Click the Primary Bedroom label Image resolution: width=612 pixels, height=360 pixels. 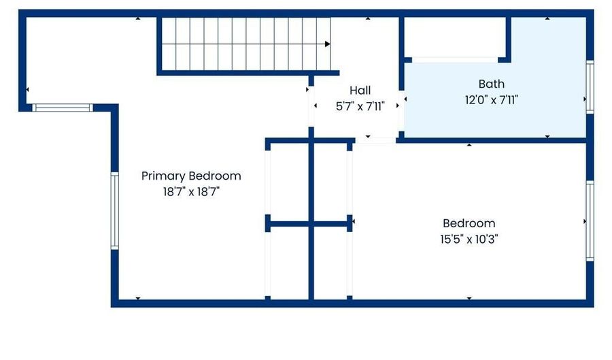tap(191, 176)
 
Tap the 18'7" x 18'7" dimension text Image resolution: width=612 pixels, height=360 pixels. tap(191, 192)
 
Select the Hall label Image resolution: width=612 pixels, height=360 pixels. tap(360, 91)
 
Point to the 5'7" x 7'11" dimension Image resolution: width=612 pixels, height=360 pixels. tap(360, 106)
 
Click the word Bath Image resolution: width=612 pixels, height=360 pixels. tap(492, 84)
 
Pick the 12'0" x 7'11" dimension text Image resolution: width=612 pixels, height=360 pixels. tap(492, 100)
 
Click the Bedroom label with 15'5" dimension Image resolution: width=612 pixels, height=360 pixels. tap(469, 223)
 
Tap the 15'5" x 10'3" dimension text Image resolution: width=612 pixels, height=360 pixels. tap(469, 239)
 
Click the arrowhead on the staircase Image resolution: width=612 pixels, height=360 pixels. tap(328, 44)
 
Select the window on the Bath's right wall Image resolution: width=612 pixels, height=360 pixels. tap(590, 87)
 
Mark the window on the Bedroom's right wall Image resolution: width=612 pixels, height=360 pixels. tap(590, 221)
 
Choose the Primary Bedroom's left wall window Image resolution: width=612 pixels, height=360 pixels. tap(114, 211)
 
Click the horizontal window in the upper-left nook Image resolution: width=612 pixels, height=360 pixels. tap(63, 108)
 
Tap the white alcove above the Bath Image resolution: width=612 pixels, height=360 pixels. tap(455, 37)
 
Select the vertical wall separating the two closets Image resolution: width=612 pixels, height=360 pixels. tap(311, 219)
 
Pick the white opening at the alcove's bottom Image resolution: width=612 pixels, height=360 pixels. tap(455, 60)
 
